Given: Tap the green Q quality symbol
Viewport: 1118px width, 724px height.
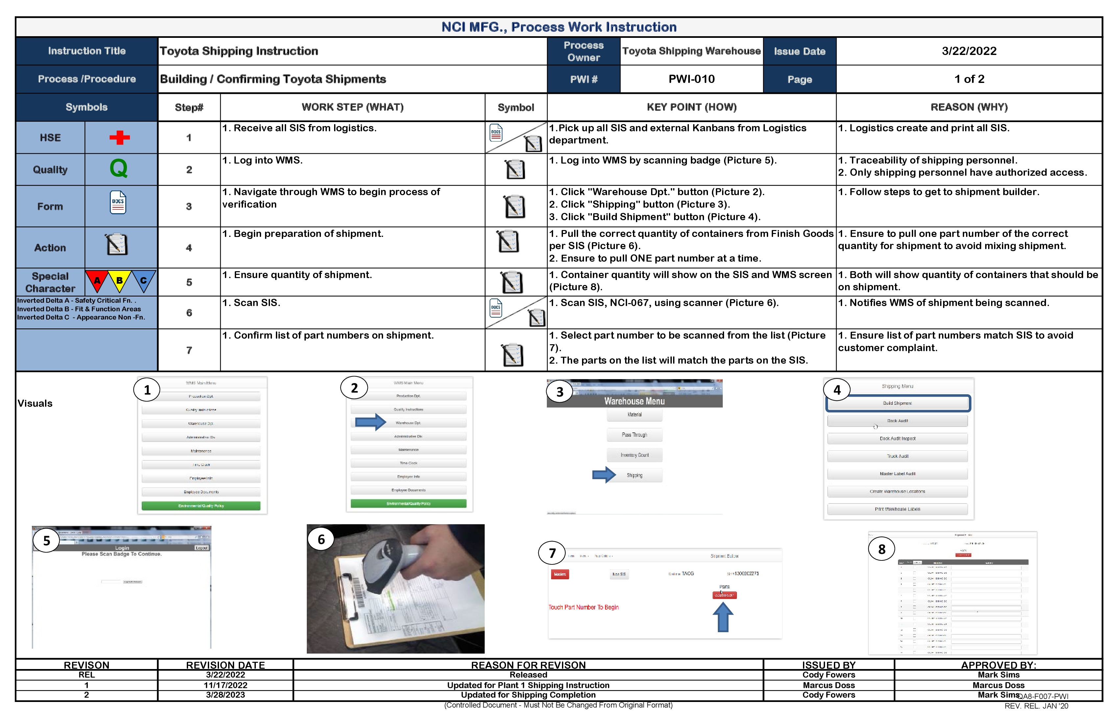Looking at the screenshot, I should point(118,168).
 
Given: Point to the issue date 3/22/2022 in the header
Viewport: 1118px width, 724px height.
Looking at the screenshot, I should point(969,51).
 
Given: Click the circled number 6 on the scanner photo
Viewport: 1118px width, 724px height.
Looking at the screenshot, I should point(321,539).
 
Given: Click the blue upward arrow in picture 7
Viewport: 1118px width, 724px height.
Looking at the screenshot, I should point(723,617).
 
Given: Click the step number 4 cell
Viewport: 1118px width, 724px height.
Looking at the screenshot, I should point(189,248).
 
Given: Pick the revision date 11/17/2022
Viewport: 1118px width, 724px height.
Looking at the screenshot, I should point(226,685).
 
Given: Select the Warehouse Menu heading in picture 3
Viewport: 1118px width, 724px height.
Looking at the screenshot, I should point(634,401).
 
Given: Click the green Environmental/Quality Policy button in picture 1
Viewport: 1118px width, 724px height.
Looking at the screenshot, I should point(201,506).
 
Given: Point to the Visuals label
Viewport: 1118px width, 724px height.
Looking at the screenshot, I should point(35,403).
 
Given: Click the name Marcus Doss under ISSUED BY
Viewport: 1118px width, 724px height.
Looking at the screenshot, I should point(828,685).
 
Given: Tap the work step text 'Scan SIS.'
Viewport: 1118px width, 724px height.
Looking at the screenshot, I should point(251,303).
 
